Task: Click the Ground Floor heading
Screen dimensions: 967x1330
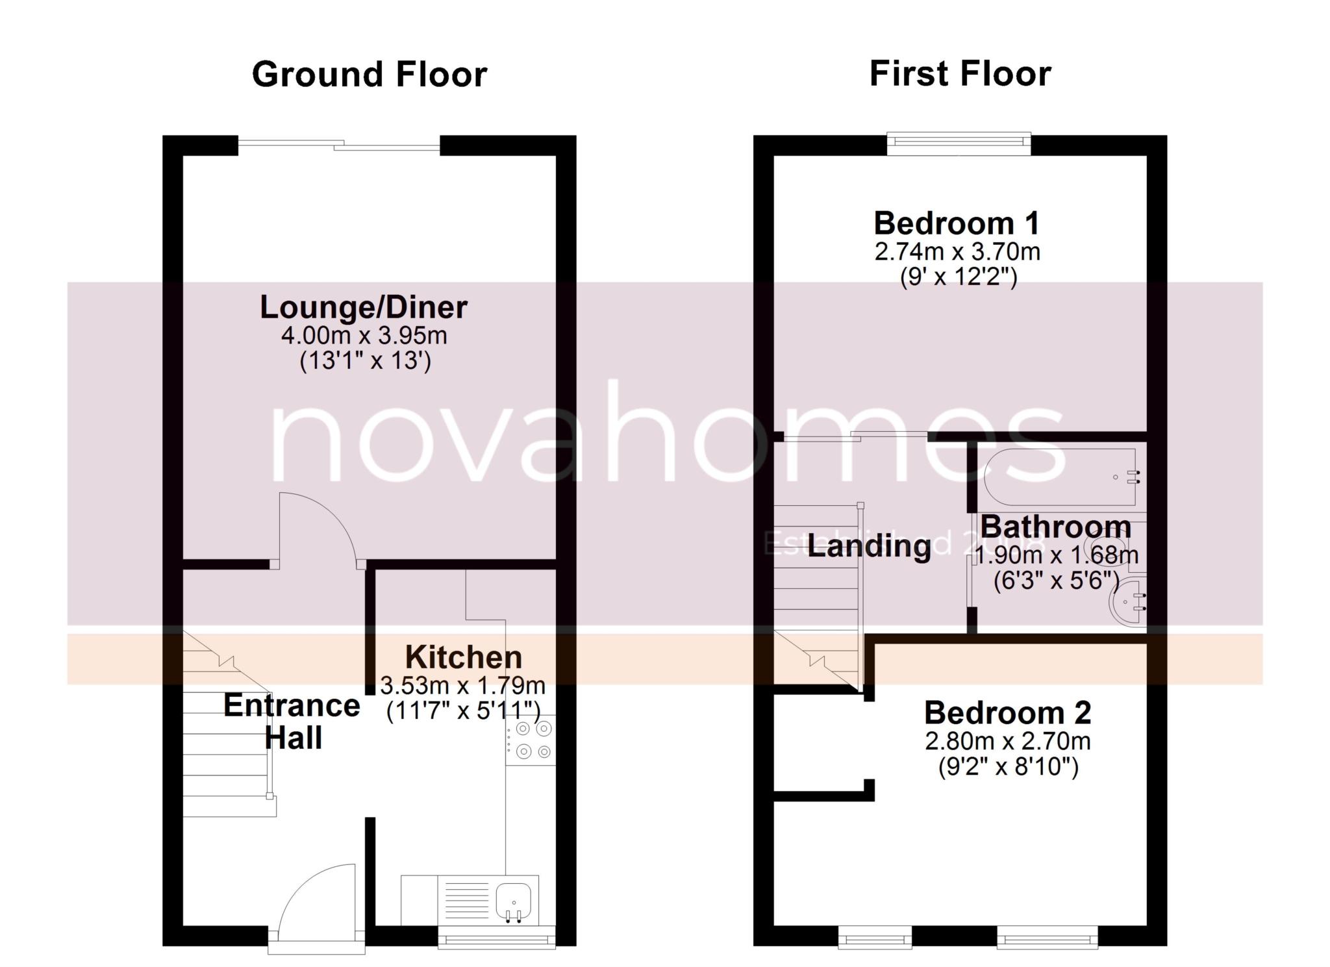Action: pyautogui.click(x=369, y=75)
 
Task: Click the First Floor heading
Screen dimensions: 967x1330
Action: pyautogui.click(x=960, y=73)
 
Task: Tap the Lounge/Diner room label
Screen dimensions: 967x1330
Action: pyautogui.click(x=364, y=307)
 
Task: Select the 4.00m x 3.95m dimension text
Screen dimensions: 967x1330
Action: pyautogui.click(x=364, y=336)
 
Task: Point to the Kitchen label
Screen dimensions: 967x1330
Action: pyautogui.click(x=464, y=657)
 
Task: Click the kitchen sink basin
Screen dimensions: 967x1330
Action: pyautogui.click(x=513, y=900)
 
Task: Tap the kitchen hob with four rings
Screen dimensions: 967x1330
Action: pyautogui.click(x=531, y=740)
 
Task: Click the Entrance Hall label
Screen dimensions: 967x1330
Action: pyautogui.click(x=292, y=722)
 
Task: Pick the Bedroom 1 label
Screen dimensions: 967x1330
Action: pyautogui.click(x=957, y=223)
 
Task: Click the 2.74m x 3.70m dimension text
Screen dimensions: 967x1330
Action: pyautogui.click(x=957, y=251)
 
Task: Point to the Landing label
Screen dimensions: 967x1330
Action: pyautogui.click(x=870, y=546)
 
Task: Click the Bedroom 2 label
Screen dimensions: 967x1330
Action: pyautogui.click(x=1007, y=713)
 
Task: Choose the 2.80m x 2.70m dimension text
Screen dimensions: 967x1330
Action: pyautogui.click(x=1007, y=741)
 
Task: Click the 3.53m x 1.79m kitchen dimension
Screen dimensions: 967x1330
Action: pyautogui.click(x=462, y=685)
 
